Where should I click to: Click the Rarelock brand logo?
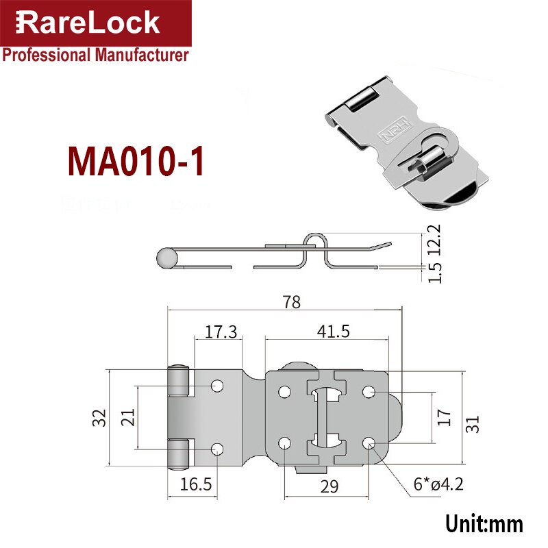(88, 22)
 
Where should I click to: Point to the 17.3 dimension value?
(221, 332)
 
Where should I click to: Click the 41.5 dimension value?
(333, 332)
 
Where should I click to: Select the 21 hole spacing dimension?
(127, 418)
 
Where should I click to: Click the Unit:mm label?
(484, 524)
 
